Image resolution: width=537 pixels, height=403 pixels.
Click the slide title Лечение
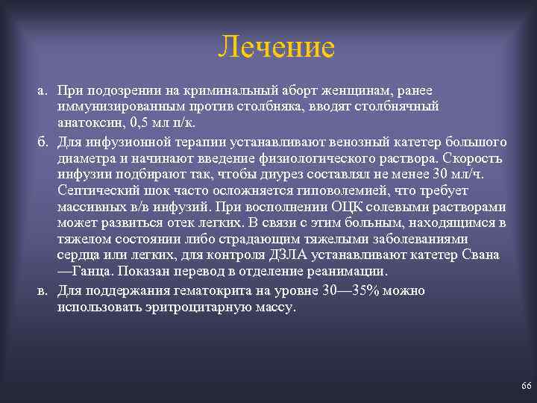tap(277, 48)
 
